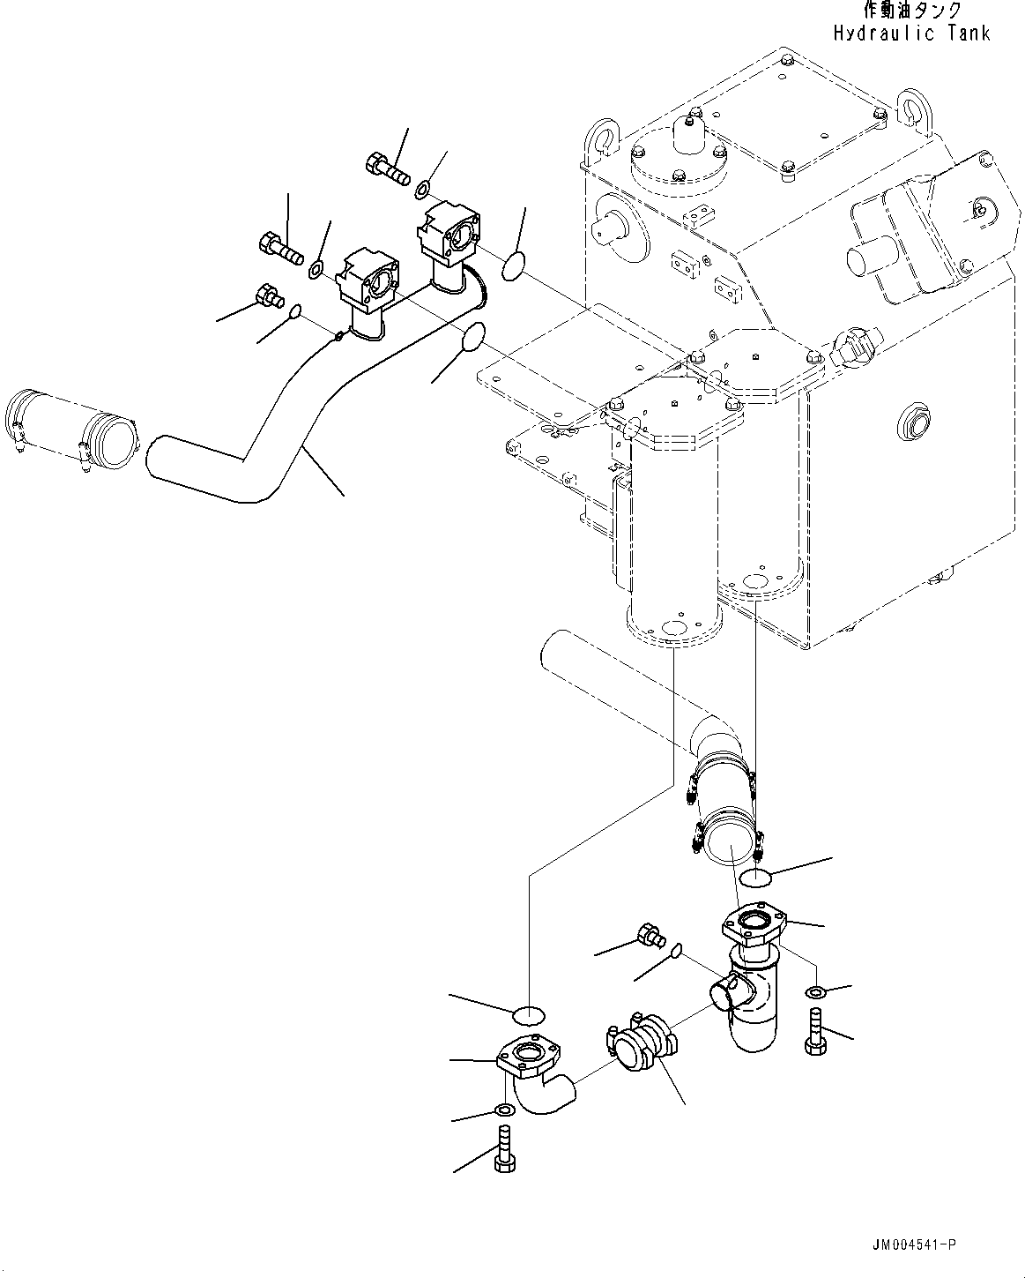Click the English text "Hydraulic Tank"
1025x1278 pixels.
click(x=911, y=34)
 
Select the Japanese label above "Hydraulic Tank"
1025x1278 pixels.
click(x=911, y=11)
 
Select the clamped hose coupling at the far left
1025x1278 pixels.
click(x=71, y=428)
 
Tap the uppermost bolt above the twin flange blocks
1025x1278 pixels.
click(x=386, y=168)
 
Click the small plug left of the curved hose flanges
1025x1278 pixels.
click(x=266, y=295)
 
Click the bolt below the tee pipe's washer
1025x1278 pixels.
click(x=813, y=1033)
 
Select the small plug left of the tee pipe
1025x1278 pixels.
click(x=650, y=934)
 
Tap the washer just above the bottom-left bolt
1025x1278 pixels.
click(x=504, y=1109)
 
